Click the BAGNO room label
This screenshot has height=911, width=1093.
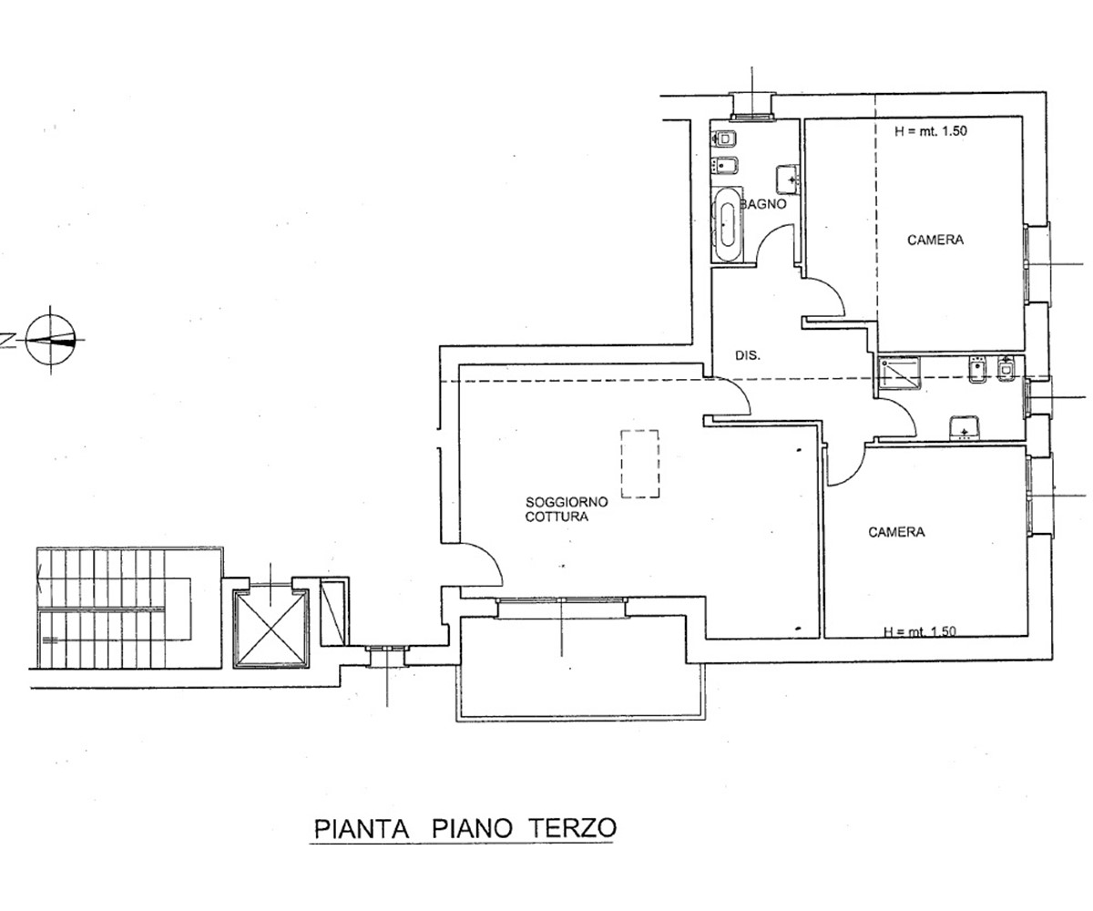click(764, 204)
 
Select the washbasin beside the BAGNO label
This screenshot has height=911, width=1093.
click(786, 179)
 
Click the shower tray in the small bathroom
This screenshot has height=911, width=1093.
click(900, 374)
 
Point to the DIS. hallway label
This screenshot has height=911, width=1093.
click(748, 355)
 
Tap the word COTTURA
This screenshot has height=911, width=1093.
click(557, 517)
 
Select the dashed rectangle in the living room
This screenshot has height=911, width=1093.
click(639, 464)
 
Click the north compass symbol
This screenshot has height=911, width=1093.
click(51, 339)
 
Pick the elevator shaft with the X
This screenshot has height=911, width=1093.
click(271, 628)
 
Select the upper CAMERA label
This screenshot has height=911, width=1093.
click(935, 240)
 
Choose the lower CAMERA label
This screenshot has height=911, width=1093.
click(896, 532)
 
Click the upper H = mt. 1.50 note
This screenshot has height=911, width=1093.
click(931, 131)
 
